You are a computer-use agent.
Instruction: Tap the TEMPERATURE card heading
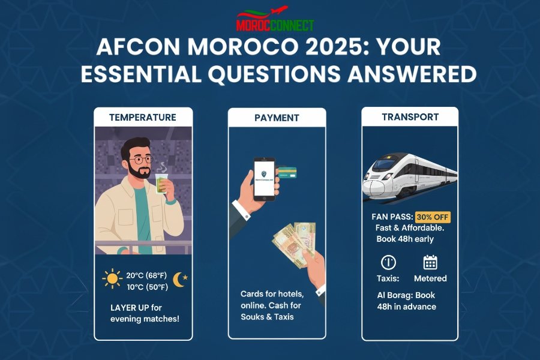(143, 118)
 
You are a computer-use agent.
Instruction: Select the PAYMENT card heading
(277, 118)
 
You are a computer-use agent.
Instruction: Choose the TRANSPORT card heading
(410, 117)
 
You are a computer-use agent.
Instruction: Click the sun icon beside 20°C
(112, 278)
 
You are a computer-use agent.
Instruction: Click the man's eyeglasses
(140, 160)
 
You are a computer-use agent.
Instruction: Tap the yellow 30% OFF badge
(433, 217)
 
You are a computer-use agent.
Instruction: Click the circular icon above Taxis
(388, 262)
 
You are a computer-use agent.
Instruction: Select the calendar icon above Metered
(430, 262)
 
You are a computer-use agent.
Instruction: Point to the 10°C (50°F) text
(147, 287)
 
